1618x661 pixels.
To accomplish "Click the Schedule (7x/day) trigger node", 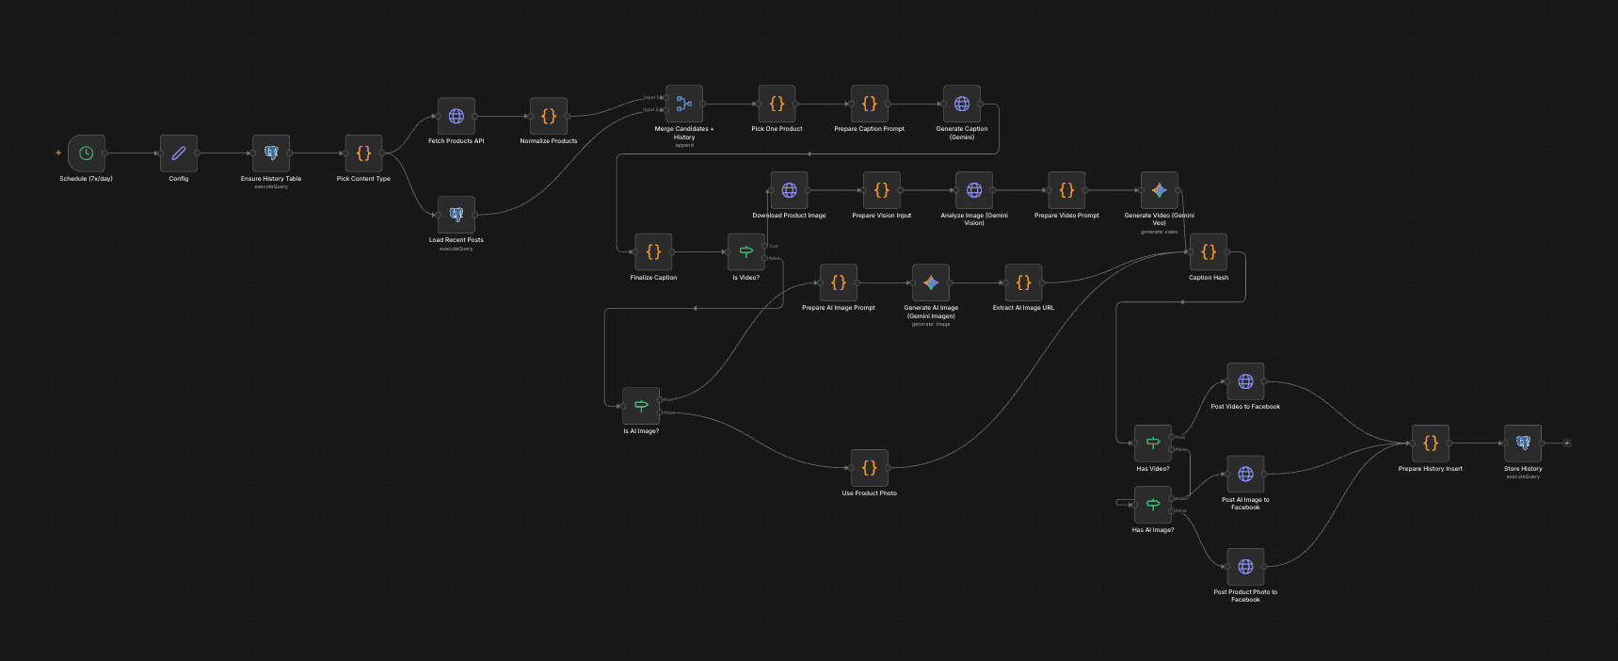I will tap(86, 153).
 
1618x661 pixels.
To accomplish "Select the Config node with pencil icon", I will tap(178, 153).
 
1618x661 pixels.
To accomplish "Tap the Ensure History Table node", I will tap(271, 153).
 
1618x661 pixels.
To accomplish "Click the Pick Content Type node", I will tap(363, 153).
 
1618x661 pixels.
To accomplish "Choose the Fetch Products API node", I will tap(457, 116).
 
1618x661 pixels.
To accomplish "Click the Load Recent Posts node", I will tap(457, 215).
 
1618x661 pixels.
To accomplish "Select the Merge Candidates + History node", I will tap(684, 104).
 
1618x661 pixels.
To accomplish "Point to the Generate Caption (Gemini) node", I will tap(962, 104).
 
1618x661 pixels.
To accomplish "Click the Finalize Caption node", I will tap(653, 252).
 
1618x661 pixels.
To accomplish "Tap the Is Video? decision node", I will tap(746, 252).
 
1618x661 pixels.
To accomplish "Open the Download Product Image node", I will tap(789, 190).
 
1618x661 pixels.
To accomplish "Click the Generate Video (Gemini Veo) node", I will tap(1159, 190).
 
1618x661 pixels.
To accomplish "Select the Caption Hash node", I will tap(1209, 252).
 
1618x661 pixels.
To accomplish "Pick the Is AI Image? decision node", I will tap(641, 406).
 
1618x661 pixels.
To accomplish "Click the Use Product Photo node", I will tap(869, 468).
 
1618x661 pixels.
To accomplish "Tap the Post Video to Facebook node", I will tap(1245, 381).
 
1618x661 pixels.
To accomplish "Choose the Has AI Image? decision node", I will tap(1153, 505).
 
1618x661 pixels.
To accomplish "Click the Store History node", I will tap(1523, 443).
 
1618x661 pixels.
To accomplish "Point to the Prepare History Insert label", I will tap(1430, 469).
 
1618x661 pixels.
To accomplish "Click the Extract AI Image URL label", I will tap(1023, 308).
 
